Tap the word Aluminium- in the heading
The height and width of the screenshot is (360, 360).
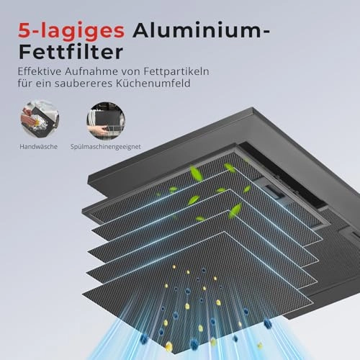click(x=201, y=30)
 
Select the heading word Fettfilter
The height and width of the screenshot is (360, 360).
click(x=71, y=52)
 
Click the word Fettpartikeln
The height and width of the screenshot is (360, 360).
click(x=176, y=72)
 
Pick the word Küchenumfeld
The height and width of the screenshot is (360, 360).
click(x=153, y=83)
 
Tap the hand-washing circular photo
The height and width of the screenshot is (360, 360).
click(x=40, y=120)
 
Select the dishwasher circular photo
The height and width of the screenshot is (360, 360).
click(x=106, y=121)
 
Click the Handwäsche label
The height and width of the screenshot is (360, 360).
click(x=38, y=147)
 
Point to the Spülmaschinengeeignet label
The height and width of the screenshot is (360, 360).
click(x=106, y=147)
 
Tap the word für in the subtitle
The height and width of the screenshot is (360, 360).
click(x=25, y=83)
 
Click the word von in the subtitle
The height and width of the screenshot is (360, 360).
click(x=131, y=72)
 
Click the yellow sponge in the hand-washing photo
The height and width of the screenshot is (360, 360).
click(x=37, y=123)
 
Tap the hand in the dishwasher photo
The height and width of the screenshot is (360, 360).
click(x=98, y=130)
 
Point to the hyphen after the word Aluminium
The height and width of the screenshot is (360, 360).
click(x=266, y=31)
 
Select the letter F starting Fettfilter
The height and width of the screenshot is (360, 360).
click(x=25, y=52)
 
